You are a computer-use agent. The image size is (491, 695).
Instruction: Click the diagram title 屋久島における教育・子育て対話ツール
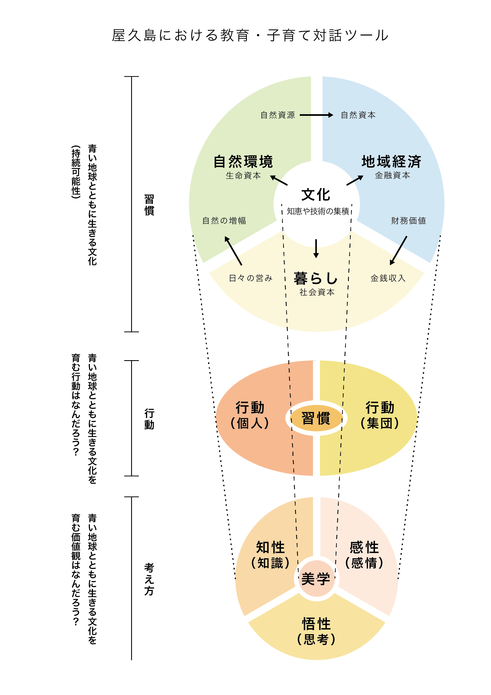click(x=250, y=35)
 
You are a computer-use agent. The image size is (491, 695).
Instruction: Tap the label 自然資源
click(x=277, y=115)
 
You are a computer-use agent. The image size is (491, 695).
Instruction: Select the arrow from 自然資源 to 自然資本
click(x=316, y=115)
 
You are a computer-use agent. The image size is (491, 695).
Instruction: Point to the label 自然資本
click(x=358, y=115)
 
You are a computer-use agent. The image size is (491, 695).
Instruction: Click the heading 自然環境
click(x=243, y=162)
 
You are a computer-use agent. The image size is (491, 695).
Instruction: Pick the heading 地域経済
click(x=391, y=162)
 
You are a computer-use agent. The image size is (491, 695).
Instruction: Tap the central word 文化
click(x=316, y=195)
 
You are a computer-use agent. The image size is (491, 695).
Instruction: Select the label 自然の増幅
click(x=224, y=221)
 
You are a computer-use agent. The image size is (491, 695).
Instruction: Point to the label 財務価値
click(x=409, y=221)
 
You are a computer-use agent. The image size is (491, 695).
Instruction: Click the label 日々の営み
click(x=250, y=278)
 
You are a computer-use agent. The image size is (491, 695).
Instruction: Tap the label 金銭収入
click(x=388, y=278)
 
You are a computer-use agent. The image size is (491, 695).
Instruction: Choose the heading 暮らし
click(x=316, y=278)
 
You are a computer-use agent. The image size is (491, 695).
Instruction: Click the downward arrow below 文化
click(x=316, y=248)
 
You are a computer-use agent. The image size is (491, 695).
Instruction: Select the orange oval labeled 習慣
click(x=316, y=418)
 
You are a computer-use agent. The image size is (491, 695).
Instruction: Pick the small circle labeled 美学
click(x=316, y=579)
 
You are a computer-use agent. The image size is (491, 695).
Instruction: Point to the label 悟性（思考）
click(x=316, y=631)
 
